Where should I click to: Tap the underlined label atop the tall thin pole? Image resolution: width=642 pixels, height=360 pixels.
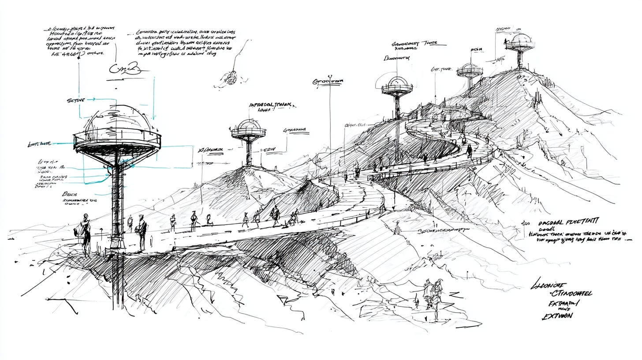click(x=328, y=82)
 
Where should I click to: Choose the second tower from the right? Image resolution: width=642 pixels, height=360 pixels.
click(x=470, y=72)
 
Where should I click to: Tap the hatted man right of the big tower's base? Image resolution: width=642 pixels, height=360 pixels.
click(x=141, y=231)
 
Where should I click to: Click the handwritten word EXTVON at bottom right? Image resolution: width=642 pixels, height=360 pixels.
click(x=557, y=316)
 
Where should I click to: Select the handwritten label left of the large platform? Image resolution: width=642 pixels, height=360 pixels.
click(x=40, y=144)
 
